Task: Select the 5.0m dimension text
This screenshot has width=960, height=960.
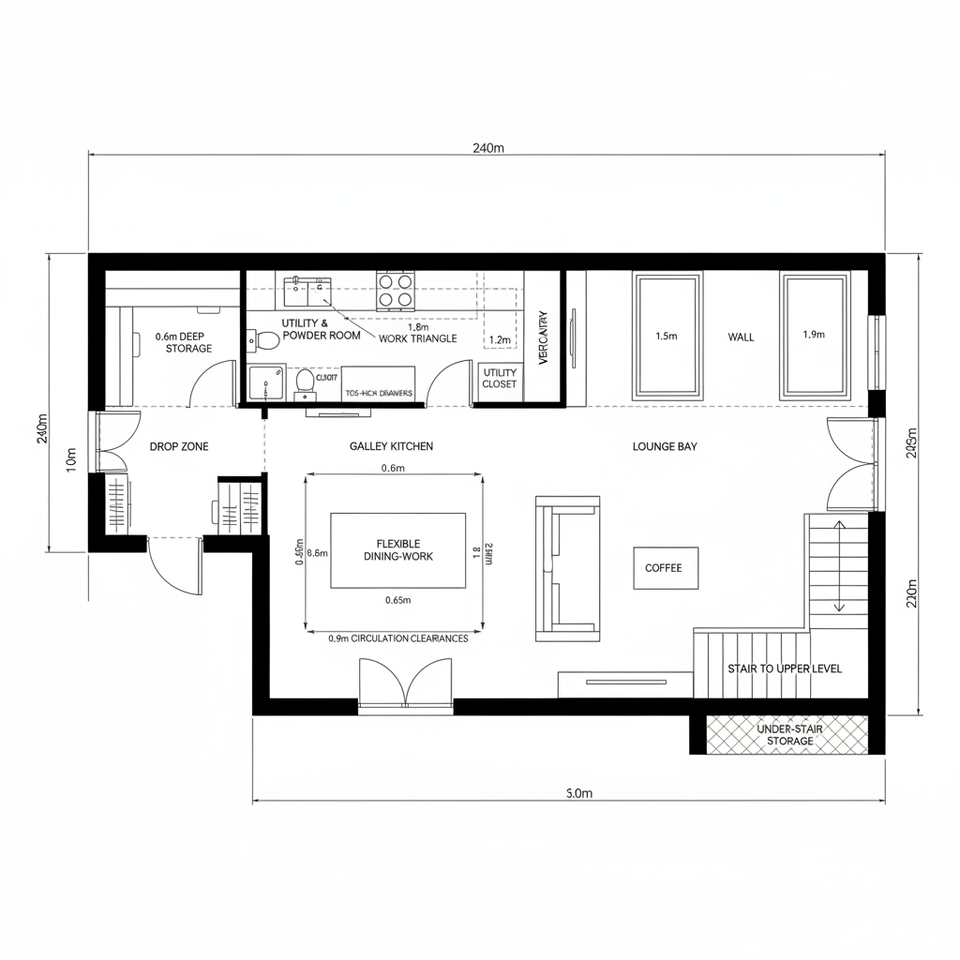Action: click(x=580, y=793)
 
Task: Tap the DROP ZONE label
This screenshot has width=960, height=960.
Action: click(x=179, y=447)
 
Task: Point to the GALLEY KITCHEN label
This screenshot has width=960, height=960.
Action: click(x=391, y=447)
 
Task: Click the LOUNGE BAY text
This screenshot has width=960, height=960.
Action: click(x=665, y=447)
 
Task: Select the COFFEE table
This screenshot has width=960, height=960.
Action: click(x=665, y=568)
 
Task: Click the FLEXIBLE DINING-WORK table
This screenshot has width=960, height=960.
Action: click(x=397, y=550)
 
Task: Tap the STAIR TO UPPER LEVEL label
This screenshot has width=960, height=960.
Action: click(x=785, y=668)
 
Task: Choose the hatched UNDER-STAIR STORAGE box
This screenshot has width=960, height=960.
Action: click(x=784, y=734)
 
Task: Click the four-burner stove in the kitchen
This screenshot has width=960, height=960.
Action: click(x=396, y=291)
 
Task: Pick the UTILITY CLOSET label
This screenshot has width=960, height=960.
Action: click(x=499, y=379)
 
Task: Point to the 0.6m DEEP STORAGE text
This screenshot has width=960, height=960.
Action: click(x=184, y=342)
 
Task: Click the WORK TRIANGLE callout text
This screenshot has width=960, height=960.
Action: click(x=418, y=338)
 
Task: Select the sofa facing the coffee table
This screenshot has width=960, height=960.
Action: click(x=566, y=568)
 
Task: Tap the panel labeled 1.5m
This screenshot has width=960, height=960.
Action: click(x=667, y=336)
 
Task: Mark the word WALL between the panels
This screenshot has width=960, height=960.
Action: click(x=741, y=337)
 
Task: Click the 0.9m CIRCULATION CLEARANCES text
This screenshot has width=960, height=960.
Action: click(x=397, y=638)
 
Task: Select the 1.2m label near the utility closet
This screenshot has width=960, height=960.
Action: click(x=500, y=340)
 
